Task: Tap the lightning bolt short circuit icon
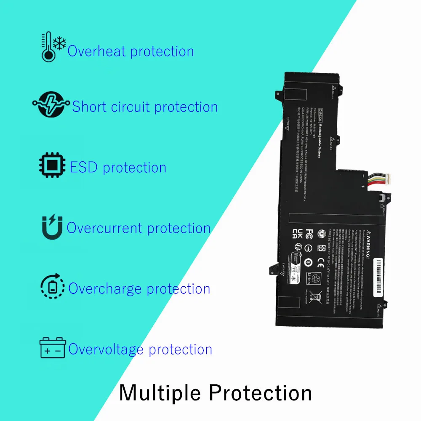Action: coord(51,106)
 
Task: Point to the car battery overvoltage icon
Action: coord(53,348)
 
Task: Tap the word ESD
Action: coord(83,167)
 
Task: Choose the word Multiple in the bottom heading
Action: coord(160,393)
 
